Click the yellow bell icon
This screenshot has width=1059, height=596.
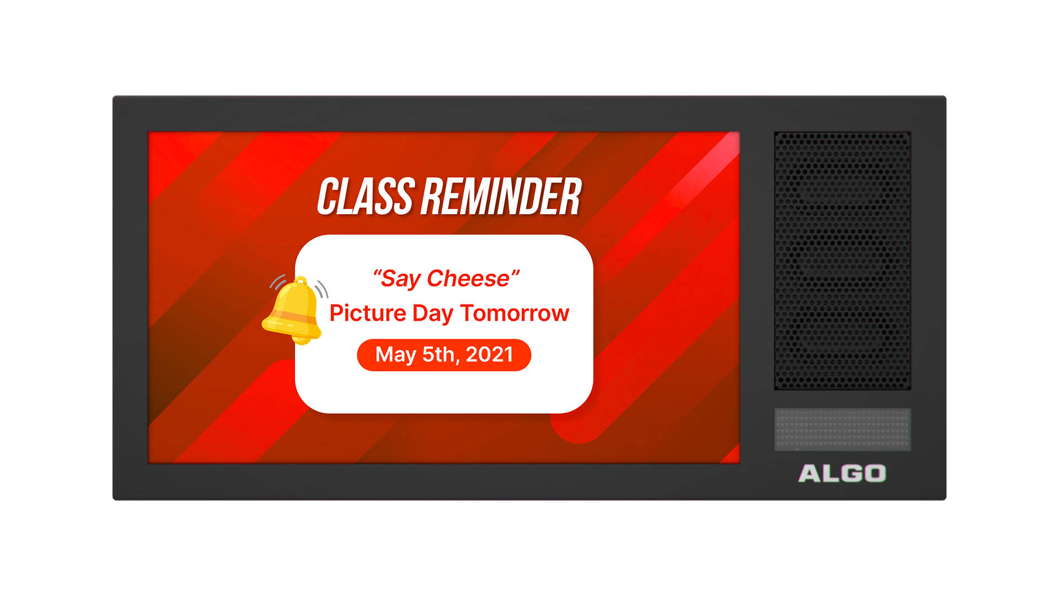click(293, 310)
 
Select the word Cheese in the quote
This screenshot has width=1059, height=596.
click(468, 279)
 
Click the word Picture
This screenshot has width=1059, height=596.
click(368, 313)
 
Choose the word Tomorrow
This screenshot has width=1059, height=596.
click(515, 313)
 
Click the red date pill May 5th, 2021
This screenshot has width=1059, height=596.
click(444, 355)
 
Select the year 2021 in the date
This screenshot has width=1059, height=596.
click(489, 354)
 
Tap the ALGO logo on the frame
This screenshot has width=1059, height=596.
click(842, 473)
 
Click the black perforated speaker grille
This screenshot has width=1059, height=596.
click(842, 260)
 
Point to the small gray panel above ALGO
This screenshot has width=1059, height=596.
click(842, 429)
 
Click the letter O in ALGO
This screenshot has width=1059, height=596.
click(875, 473)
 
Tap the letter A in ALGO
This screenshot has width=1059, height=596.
click(810, 473)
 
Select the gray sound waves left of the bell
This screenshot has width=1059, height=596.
click(278, 282)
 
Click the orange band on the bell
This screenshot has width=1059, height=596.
click(293, 317)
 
